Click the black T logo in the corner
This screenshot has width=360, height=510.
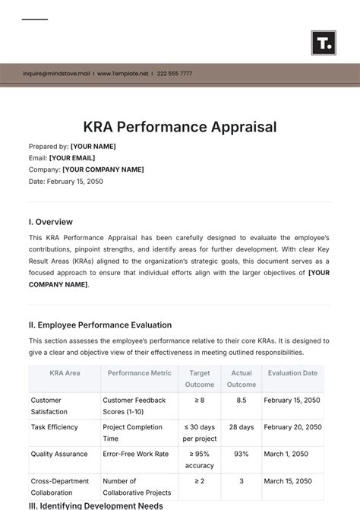(324, 43)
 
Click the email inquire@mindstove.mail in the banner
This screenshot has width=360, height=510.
(56, 74)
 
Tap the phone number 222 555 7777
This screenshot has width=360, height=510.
(175, 74)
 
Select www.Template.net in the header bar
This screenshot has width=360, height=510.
(125, 74)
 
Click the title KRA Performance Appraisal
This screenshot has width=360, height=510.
(180, 126)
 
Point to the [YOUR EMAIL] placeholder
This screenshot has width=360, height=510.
(73, 158)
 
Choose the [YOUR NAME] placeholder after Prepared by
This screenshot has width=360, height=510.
(93, 147)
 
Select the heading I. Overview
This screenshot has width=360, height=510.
(51, 222)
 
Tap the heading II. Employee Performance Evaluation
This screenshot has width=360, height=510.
(100, 325)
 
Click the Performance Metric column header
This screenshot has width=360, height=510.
(139, 373)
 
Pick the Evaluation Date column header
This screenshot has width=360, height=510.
(292, 373)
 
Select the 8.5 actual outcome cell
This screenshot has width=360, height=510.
(241, 400)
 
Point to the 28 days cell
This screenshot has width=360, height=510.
(241, 427)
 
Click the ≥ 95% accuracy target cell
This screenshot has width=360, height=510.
(200, 460)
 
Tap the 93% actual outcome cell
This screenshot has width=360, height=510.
(241, 455)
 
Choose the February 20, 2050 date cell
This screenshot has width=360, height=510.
(292, 427)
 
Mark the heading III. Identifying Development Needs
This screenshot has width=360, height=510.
(96, 505)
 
